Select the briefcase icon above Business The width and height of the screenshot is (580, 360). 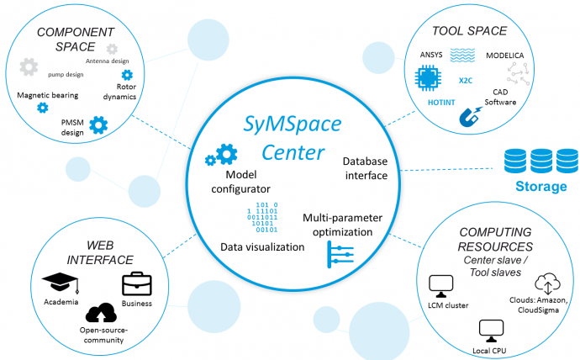click(135, 284)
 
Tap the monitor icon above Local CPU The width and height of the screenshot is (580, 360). click(488, 328)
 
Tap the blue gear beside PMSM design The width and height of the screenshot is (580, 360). click(98, 126)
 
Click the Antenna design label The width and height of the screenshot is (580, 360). click(109, 61)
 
